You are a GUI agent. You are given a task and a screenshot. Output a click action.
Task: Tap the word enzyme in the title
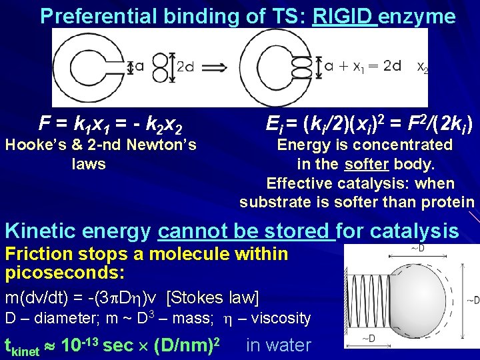tap(417, 16)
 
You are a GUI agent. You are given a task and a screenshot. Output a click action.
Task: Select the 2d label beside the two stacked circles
tap(185, 67)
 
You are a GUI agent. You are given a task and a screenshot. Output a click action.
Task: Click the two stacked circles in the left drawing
tap(160, 67)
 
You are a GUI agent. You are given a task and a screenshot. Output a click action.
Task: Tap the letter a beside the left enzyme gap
tap(139, 66)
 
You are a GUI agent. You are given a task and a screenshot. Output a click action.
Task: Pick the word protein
tap(449, 202)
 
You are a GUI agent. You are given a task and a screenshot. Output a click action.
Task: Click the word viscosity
tap(280, 318)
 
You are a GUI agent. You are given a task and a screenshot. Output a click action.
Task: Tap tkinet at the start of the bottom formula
tap(25, 346)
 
